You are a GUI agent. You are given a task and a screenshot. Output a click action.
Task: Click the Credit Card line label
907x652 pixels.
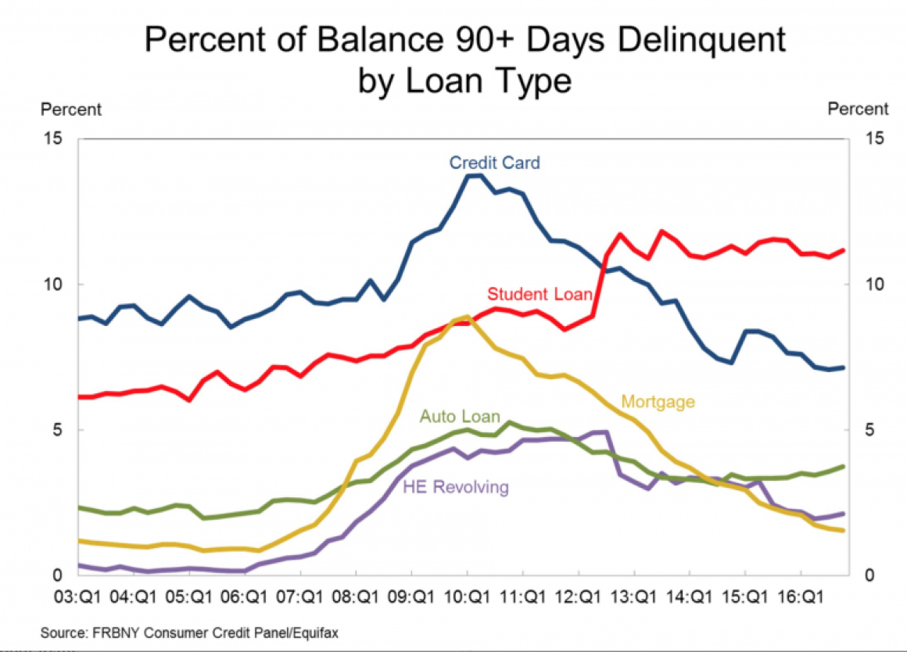(494, 163)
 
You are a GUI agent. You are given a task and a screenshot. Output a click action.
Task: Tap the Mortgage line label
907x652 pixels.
(658, 402)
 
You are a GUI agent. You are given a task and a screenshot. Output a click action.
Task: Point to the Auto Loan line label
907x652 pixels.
(460, 417)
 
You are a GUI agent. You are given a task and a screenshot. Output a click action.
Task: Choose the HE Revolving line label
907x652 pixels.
(455, 488)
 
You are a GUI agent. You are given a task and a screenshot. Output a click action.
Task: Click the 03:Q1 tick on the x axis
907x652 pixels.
(77, 598)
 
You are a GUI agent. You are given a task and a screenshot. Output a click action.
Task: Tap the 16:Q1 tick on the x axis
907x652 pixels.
(801, 598)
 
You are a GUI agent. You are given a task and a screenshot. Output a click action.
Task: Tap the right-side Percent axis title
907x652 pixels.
(858, 109)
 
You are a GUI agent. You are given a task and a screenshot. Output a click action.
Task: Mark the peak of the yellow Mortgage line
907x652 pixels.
(467, 317)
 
